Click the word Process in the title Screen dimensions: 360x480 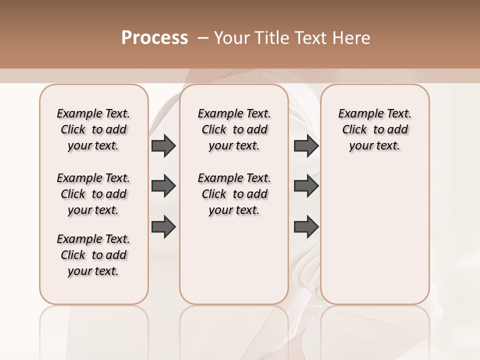click(x=154, y=38)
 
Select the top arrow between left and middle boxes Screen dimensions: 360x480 click(x=163, y=145)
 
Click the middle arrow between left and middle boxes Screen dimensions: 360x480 click(x=163, y=186)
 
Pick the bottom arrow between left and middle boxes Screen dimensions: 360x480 click(x=163, y=226)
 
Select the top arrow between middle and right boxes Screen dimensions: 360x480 click(x=306, y=145)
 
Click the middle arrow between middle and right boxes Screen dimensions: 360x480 click(x=306, y=186)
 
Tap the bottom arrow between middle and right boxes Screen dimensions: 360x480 click(x=306, y=226)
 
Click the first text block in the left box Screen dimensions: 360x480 click(x=93, y=129)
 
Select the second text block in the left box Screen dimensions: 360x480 click(x=93, y=194)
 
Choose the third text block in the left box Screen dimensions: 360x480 click(x=93, y=255)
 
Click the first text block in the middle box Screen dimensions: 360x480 click(x=234, y=129)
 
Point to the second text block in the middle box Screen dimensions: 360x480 click(x=234, y=194)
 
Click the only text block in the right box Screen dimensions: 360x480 click(x=374, y=129)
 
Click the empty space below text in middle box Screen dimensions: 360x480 click(x=234, y=260)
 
